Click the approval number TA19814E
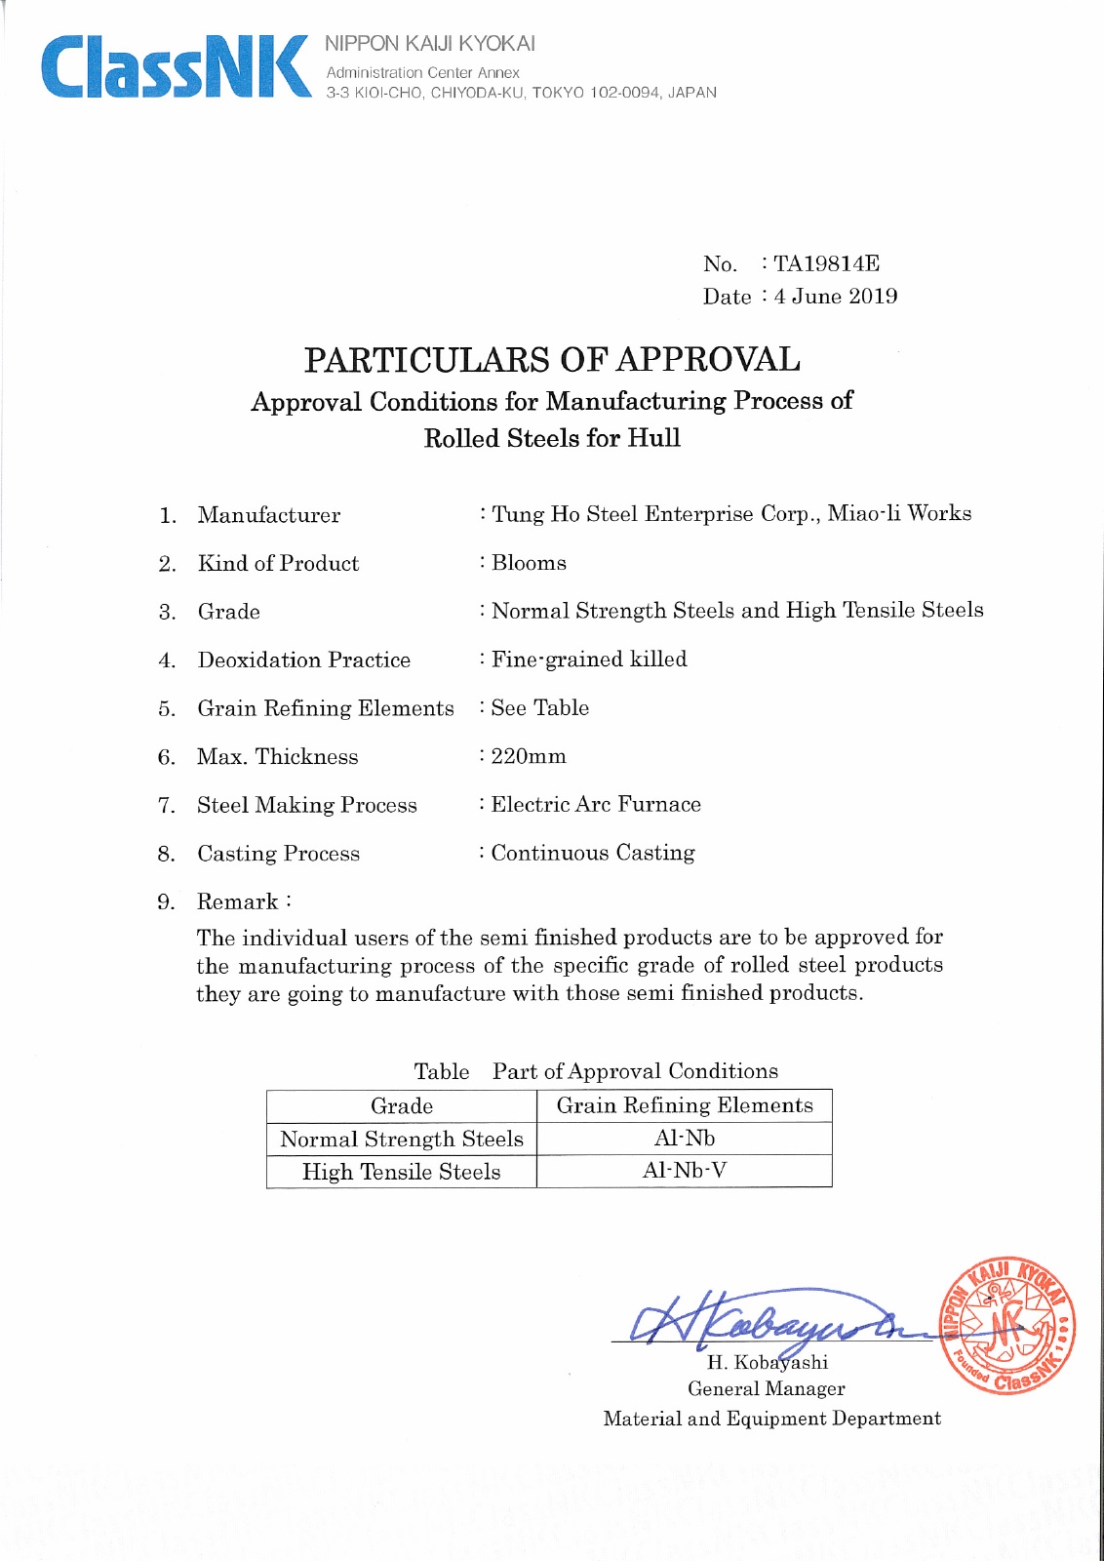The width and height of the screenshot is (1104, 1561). (826, 263)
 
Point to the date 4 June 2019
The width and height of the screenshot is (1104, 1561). (836, 297)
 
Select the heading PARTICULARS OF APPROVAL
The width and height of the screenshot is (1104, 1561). (552, 360)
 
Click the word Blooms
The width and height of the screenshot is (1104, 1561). (529, 563)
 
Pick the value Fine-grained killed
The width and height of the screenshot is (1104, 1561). (589, 660)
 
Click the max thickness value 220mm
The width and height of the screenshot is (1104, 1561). (529, 756)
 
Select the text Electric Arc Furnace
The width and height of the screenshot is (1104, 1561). (596, 805)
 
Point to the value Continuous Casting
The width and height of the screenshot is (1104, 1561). (593, 853)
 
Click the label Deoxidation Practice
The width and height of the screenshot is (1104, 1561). (304, 660)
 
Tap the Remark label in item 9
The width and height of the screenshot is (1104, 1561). (238, 901)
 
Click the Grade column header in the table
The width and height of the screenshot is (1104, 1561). (402, 1105)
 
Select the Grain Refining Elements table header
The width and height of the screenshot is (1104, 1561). (685, 1105)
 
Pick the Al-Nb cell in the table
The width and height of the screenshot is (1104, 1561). (685, 1139)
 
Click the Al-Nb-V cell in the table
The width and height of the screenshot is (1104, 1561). (685, 1171)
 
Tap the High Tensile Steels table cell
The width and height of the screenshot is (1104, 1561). (402, 1172)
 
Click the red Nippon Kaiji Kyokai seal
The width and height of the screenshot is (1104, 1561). (1007, 1326)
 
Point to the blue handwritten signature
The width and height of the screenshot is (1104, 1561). (770, 1319)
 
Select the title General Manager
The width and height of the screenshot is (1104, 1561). (767, 1388)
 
